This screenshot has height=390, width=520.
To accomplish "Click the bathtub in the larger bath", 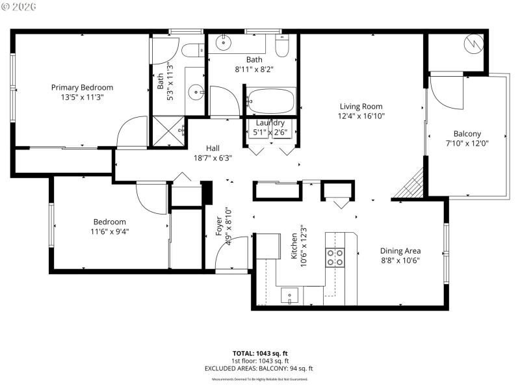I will (x=270, y=102).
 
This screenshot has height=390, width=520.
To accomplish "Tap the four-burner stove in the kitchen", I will (x=335, y=258).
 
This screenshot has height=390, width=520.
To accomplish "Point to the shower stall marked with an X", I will (x=168, y=132).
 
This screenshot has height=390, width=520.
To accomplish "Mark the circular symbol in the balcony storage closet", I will (x=473, y=45).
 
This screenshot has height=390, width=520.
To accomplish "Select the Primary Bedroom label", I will (x=83, y=88).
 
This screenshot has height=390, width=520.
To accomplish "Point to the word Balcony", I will (x=467, y=134).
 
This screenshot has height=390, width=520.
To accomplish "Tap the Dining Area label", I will (x=400, y=251).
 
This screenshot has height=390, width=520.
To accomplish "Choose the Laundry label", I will (x=270, y=123).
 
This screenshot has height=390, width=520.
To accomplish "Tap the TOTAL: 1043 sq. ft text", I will (x=259, y=354).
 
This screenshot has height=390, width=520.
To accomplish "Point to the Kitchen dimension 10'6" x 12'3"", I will (x=303, y=247).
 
